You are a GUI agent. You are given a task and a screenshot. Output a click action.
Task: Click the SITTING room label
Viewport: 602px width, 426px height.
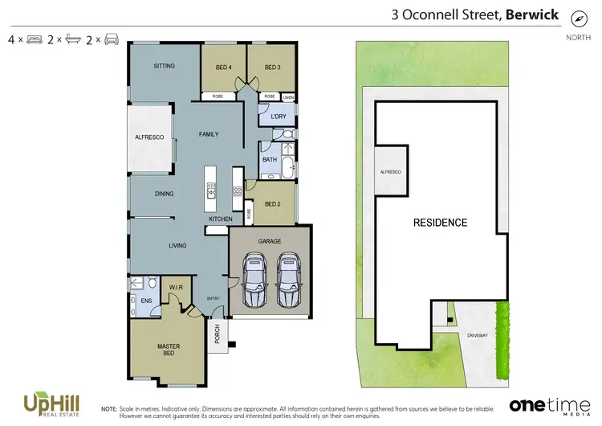pos(165,67)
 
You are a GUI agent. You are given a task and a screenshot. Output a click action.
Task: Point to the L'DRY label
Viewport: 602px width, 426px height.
pos(278,117)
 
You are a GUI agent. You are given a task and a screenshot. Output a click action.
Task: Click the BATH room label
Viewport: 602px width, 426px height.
pos(270,159)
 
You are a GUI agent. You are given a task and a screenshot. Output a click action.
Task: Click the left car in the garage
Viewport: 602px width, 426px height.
pos(256,276)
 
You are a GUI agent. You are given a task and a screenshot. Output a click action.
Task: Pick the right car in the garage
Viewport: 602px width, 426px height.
pos(290,276)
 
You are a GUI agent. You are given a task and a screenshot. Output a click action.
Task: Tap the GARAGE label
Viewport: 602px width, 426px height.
pos(269,241)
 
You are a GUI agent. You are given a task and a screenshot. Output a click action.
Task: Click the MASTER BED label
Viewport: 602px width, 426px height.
pos(168,350)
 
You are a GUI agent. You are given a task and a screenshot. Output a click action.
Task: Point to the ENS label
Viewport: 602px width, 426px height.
pos(146,301)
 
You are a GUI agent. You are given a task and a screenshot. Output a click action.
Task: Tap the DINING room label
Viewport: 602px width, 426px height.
pos(164,194)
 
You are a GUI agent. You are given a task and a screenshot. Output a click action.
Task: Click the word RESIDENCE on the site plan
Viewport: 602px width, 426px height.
pos(440,223)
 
